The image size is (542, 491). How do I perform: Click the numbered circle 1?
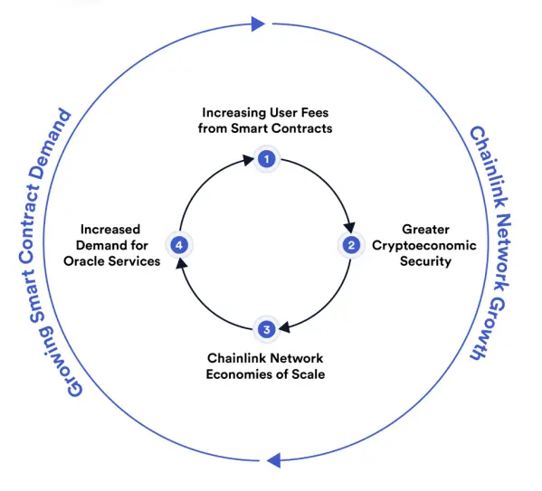[267, 159]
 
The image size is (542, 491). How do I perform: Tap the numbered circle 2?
[351, 245]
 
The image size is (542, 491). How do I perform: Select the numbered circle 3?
[267, 330]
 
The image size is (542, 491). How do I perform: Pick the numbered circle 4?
[179, 245]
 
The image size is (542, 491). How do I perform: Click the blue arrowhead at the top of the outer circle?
[258, 24]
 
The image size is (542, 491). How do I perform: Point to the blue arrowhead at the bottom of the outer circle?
[274, 460]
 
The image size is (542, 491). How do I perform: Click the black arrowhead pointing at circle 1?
[248, 160]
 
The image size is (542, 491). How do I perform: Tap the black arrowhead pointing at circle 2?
[349, 227]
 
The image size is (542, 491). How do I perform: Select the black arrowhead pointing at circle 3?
[284, 326]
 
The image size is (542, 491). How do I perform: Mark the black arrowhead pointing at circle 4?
[182, 264]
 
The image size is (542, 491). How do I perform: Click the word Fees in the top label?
[315, 113]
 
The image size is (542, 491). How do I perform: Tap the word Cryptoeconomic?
[424, 246]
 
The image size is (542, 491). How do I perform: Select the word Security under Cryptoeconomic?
[425, 261]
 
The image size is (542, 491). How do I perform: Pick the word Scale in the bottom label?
[309, 374]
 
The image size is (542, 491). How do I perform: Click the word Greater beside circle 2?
[426, 230]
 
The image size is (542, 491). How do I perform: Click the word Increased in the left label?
[110, 230]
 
